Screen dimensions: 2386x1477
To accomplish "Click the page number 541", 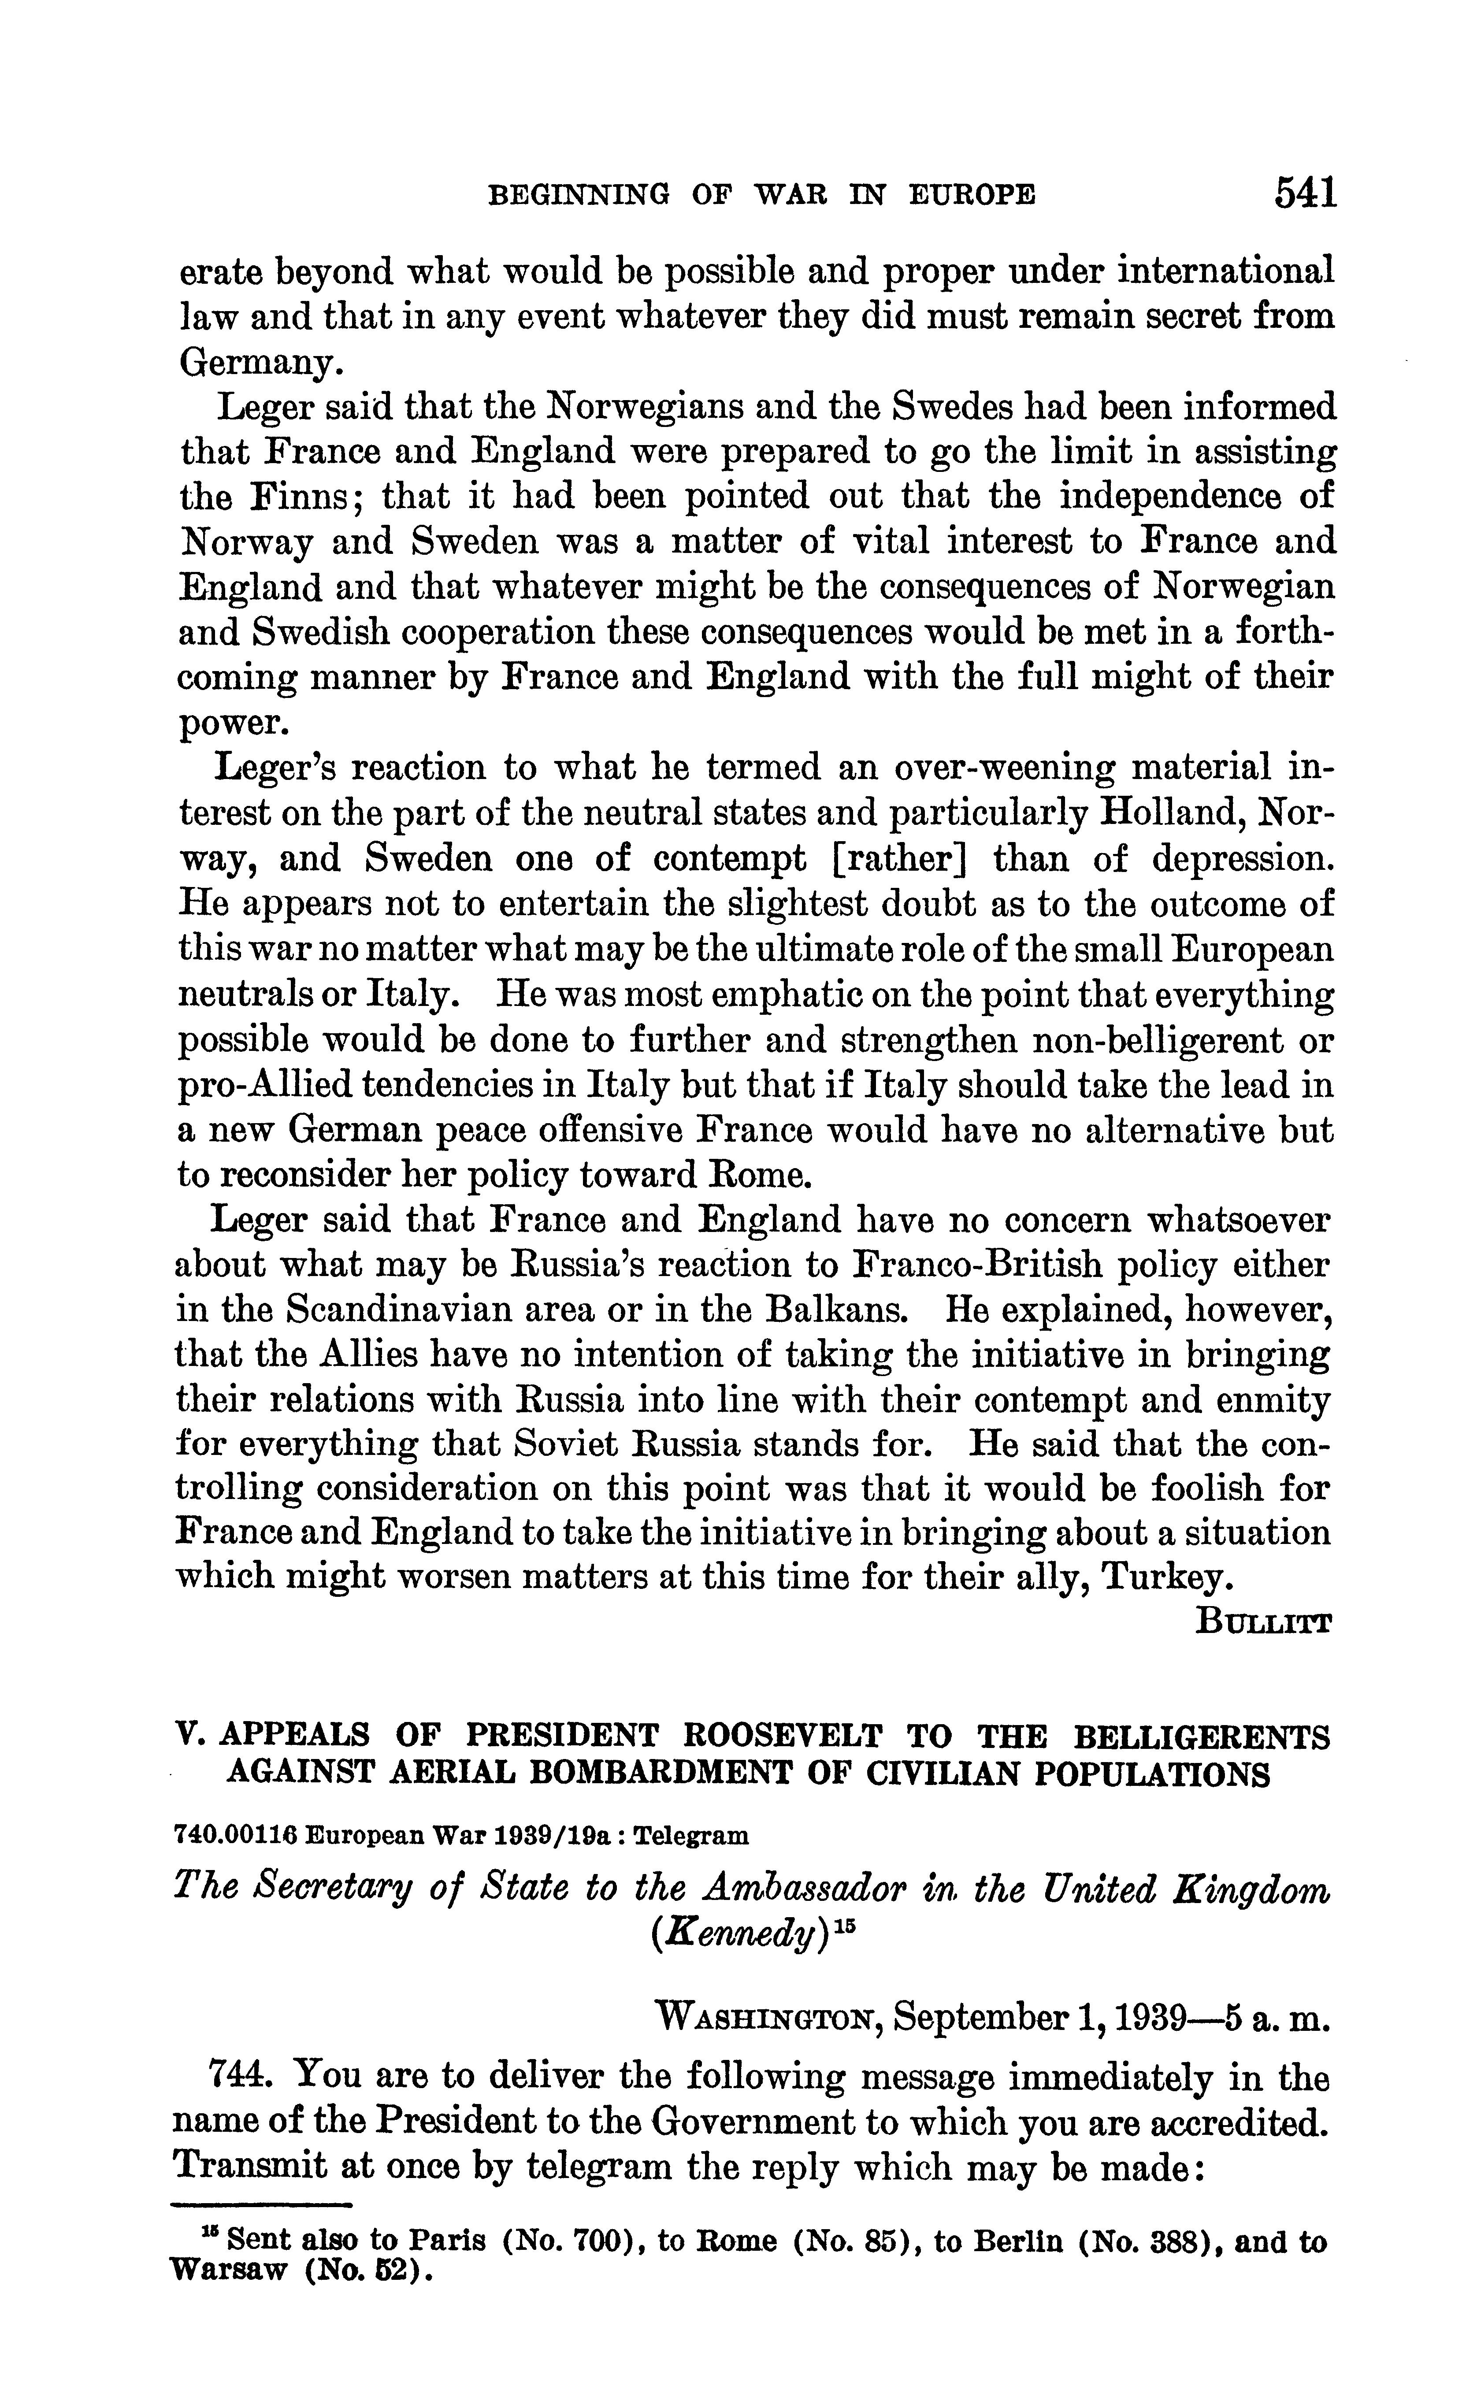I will (x=1304, y=193).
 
